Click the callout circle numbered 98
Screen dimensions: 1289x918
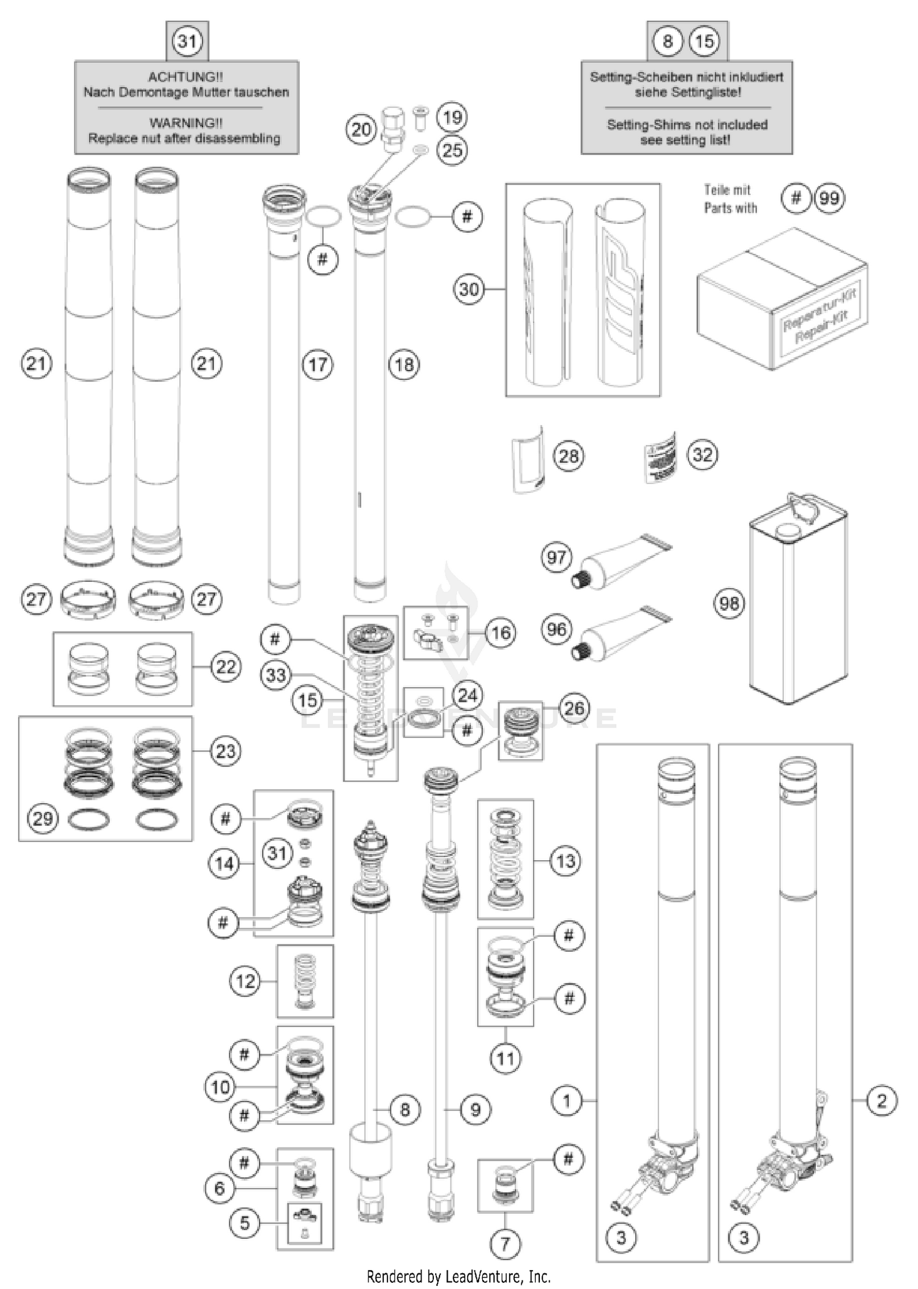pyautogui.click(x=729, y=604)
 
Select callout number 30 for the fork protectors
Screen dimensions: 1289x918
pyautogui.click(x=469, y=289)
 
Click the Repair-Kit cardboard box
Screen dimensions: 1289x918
pyautogui.click(x=782, y=300)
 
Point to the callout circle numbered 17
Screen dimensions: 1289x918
pyautogui.click(x=317, y=365)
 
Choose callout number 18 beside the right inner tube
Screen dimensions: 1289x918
pyautogui.click(x=404, y=365)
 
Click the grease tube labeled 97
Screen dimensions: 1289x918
pyautogui.click(x=621, y=560)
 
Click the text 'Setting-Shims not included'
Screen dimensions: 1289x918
pyautogui.click(x=687, y=125)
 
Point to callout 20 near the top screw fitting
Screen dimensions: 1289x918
pyautogui.click(x=361, y=129)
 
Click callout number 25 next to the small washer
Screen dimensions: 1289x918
pyautogui.click(x=452, y=149)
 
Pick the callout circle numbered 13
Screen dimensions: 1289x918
pyautogui.click(x=565, y=861)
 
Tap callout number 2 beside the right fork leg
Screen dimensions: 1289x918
pyautogui.click(x=881, y=1101)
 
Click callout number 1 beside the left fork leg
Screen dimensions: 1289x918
pyautogui.click(x=567, y=1101)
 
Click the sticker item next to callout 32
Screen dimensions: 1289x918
pyautogui.click(x=661, y=457)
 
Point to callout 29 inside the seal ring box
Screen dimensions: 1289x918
pyautogui.click(x=42, y=818)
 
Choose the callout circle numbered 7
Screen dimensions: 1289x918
pyautogui.click(x=505, y=1243)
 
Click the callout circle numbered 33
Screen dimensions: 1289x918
pyautogui.click(x=276, y=675)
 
